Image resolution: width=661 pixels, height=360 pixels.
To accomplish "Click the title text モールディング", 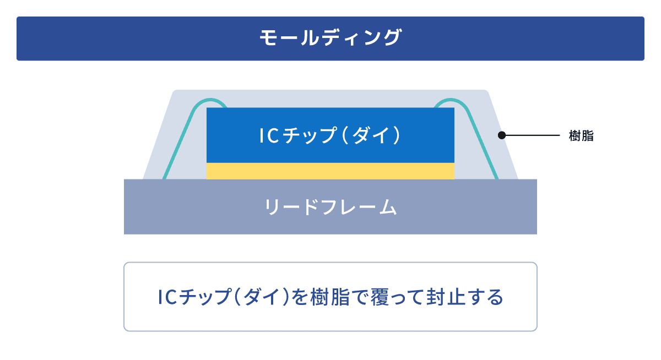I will click(x=330, y=38).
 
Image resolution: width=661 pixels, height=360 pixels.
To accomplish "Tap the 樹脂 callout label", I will click(x=581, y=136).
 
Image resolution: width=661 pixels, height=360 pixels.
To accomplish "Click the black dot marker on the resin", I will click(x=501, y=135).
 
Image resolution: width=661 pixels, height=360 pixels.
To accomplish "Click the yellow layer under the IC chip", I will click(x=330, y=171).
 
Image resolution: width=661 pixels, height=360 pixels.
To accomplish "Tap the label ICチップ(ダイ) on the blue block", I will click(x=330, y=135).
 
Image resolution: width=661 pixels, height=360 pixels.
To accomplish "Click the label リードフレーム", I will click(x=330, y=208).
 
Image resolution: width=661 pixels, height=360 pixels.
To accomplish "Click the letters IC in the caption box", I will click(x=166, y=297).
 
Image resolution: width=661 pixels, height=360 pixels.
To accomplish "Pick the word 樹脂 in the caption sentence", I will click(x=329, y=297).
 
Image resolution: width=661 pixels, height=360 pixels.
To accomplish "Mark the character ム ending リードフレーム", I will click(x=387, y=208).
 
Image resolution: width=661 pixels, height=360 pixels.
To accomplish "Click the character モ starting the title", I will click(x=268, y=38).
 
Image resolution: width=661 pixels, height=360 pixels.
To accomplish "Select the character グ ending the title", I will click(x=393, y=38).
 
